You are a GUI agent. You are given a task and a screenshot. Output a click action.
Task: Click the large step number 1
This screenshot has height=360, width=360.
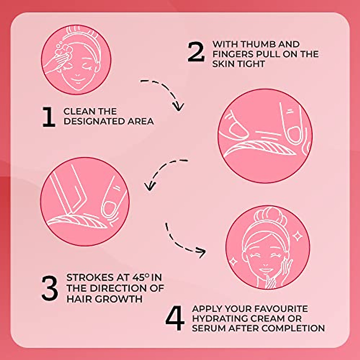tap(49, 117)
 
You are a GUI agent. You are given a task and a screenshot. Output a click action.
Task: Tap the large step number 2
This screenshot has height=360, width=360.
tap(196, 52)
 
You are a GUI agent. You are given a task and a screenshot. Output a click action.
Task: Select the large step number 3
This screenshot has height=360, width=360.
tap(49, 288)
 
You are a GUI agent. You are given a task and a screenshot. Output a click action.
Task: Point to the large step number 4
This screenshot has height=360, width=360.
tap(175, 319)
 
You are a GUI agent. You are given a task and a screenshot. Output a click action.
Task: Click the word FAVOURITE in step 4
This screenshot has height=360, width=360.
tap(280, 309)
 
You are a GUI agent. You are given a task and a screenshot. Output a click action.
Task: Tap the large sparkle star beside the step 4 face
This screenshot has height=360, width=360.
tap(298, 237)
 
